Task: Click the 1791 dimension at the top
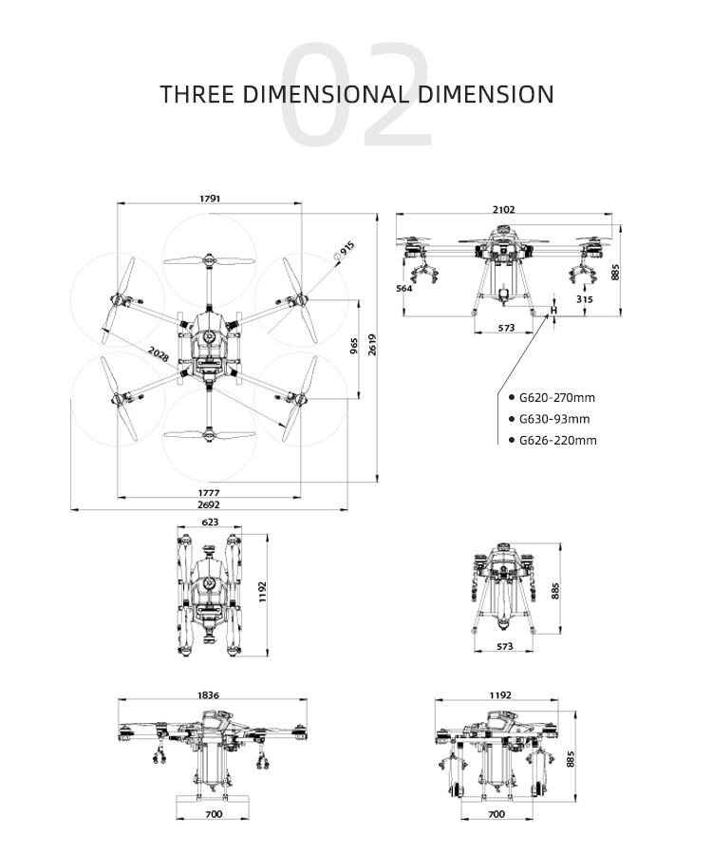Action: (x=210, y=199)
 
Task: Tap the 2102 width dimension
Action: (x=504, y=209)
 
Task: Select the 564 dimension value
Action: (x=404, y=288)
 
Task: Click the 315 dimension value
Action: (x=584, y=299)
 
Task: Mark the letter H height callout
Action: (x=554, y=311)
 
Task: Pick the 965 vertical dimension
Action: (x=353, y=345)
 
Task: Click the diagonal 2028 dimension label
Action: (x=159, y=355)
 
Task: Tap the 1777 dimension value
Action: (x=209, y=492)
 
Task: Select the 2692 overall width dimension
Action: (x=209, y=505)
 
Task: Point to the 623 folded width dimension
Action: (x=209, y=522)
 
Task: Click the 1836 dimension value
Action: (x=209, y=695)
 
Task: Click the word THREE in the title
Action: (x=197, y=94)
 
